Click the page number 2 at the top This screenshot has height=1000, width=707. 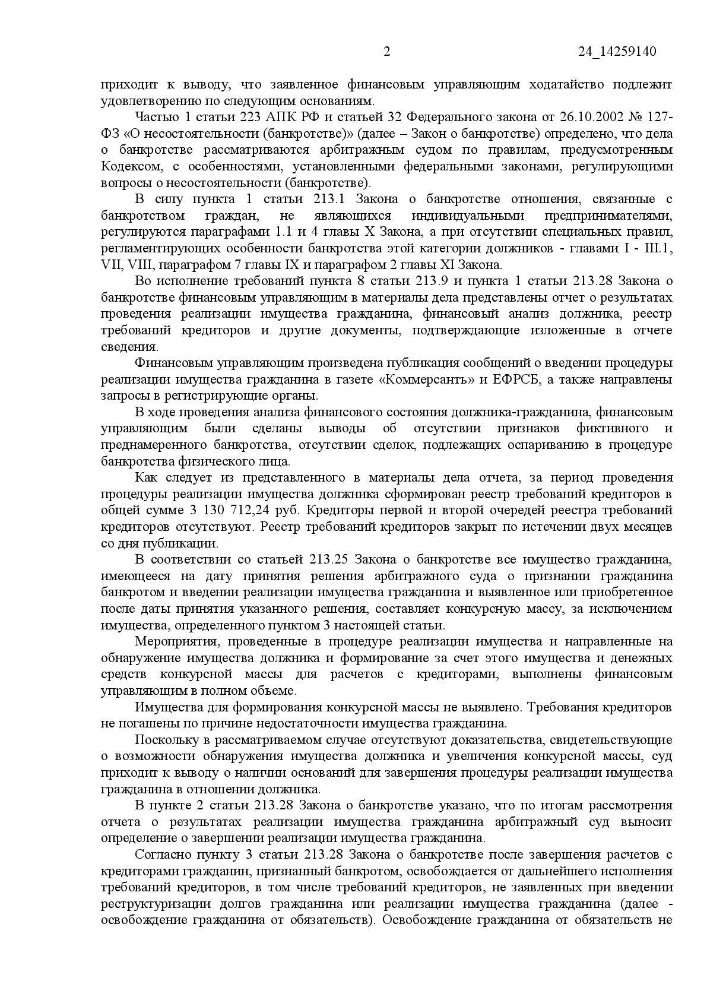(x=387, y=52)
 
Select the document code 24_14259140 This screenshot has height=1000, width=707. (x=617, y=52)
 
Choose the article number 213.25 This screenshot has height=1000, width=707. (x=331, y=559)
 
